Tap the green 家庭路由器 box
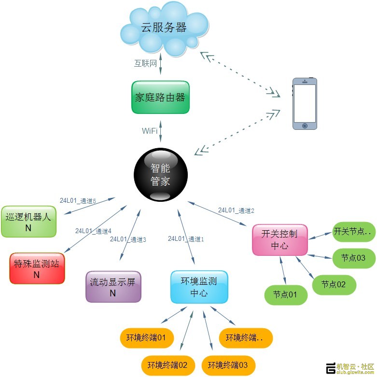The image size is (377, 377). click(160, 98)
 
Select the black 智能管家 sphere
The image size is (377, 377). click(160, 174)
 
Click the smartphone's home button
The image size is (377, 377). click(305, 126)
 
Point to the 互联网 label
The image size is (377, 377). click(145, 63)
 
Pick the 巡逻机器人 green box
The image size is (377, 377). click(28, 222)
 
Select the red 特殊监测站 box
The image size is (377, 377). click(37, 268)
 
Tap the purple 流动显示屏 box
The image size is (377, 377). click(113, 287)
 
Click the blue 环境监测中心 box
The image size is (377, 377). click(199, 287)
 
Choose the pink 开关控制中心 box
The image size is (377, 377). click(280, 240)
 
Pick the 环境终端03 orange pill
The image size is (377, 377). click(228, 364)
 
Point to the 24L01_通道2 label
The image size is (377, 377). click(236, 210)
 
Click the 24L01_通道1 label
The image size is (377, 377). click(186, 238)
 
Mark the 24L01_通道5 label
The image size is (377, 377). click(78, 200)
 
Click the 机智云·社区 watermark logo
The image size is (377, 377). click(350, 368)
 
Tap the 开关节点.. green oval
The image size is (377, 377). click(354, 232)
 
